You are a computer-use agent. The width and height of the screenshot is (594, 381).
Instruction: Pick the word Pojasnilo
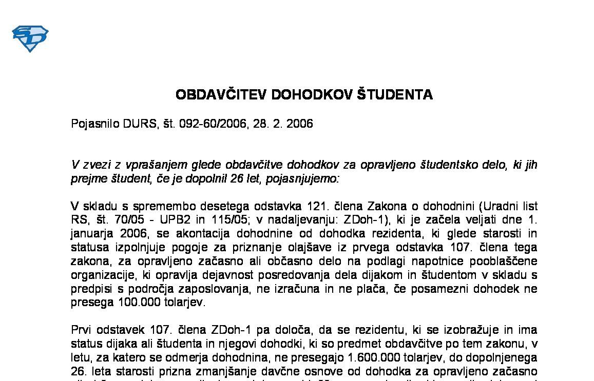click(95, 124)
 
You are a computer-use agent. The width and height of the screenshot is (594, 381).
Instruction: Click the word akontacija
click(203, 234)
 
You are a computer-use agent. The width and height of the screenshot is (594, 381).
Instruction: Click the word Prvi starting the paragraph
click(81, 329)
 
